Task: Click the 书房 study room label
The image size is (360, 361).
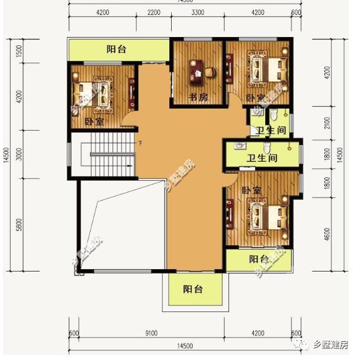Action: coord(198,98)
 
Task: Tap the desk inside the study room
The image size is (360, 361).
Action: coord(197,72)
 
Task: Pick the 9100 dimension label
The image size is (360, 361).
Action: coord(151,334)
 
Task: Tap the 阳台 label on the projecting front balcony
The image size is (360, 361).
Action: coord(193,289)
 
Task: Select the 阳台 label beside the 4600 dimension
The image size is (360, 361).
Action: coord(259,259)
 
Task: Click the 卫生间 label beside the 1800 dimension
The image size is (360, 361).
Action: coord(262,158)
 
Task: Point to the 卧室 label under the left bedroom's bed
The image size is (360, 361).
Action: coord(94,122)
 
